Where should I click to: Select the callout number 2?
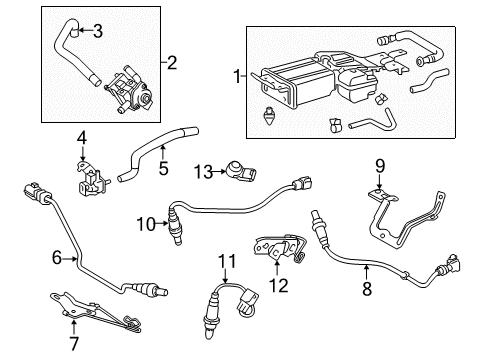click(171, 62)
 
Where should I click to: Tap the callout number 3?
click(97, 31)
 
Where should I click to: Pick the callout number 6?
click(58, 258)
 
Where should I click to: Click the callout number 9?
click(379, 166)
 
